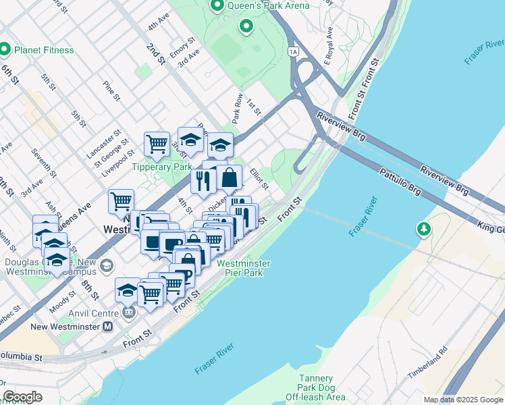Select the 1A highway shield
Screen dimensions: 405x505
tap(292, 51)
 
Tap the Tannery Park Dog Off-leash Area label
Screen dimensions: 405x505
tap(323, 388)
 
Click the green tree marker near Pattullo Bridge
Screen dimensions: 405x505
tap(423, 230)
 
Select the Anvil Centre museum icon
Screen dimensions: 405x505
tap(129, 313)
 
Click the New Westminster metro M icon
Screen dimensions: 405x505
tap(107, 327)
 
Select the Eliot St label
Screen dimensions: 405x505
tap(259, 180)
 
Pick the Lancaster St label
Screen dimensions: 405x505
tap(103, 145)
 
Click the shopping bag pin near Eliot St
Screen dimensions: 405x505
tap(230, 178)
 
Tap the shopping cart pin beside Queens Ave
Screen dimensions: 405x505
tap(121, 200)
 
